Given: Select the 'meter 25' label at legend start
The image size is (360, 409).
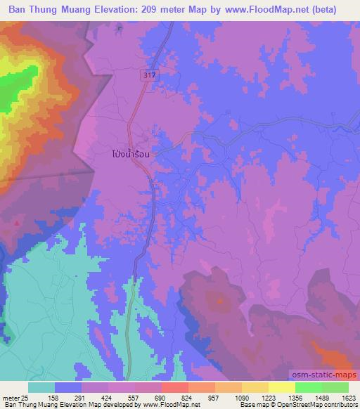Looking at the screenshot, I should (x=14, y=397).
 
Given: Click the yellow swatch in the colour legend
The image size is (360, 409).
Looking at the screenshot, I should (x=281, y=387).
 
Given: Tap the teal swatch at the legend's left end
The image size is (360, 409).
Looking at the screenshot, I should (x=41, y=387).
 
